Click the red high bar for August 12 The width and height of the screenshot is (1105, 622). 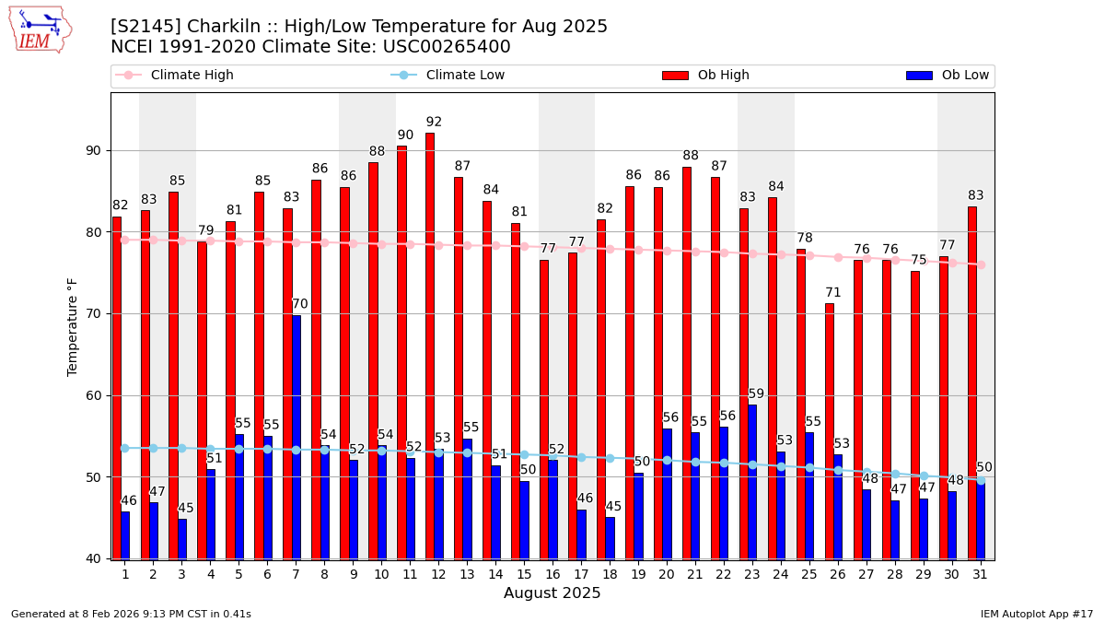[430, 346]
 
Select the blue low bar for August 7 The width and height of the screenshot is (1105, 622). [296, 437]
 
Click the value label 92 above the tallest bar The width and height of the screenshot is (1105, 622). [434, 123]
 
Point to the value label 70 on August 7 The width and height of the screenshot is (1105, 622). [300, 305]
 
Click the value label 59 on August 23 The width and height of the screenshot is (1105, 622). [756, 394]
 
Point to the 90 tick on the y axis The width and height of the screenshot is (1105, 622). [93, 151]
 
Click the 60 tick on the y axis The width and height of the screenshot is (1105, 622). [93, 396]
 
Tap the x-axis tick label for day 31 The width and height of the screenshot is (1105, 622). [980, 574]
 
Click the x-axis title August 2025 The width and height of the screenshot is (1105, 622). [552, 593]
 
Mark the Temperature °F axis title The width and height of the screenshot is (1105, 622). [74, 326]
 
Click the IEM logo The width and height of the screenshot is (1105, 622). [40, 29]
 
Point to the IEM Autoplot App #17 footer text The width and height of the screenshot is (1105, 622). [1036, 614]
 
